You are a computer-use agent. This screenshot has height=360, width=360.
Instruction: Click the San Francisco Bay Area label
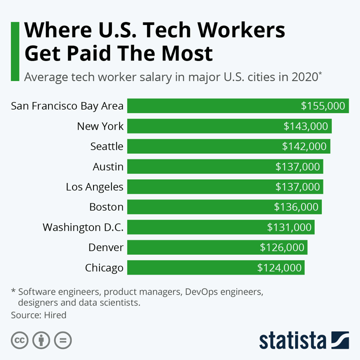67,106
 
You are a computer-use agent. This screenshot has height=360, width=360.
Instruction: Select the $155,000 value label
323,106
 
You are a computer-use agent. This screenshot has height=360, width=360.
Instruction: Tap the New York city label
100,126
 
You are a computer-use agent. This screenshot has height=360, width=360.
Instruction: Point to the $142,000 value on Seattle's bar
304,146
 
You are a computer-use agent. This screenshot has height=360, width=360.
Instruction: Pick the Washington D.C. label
83,227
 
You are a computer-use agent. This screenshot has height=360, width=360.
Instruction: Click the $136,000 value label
296,206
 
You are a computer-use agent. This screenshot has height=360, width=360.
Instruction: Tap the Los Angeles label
94,186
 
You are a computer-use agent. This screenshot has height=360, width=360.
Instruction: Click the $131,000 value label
289,227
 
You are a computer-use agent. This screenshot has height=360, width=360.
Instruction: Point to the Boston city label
106,206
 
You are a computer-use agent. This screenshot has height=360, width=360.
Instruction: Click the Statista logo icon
341,340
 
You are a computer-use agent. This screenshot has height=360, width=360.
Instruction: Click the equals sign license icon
63,340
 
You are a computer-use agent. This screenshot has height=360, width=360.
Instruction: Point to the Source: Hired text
38,315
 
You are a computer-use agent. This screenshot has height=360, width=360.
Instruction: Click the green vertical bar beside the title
15,51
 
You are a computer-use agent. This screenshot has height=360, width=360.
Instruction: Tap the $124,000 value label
279,267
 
